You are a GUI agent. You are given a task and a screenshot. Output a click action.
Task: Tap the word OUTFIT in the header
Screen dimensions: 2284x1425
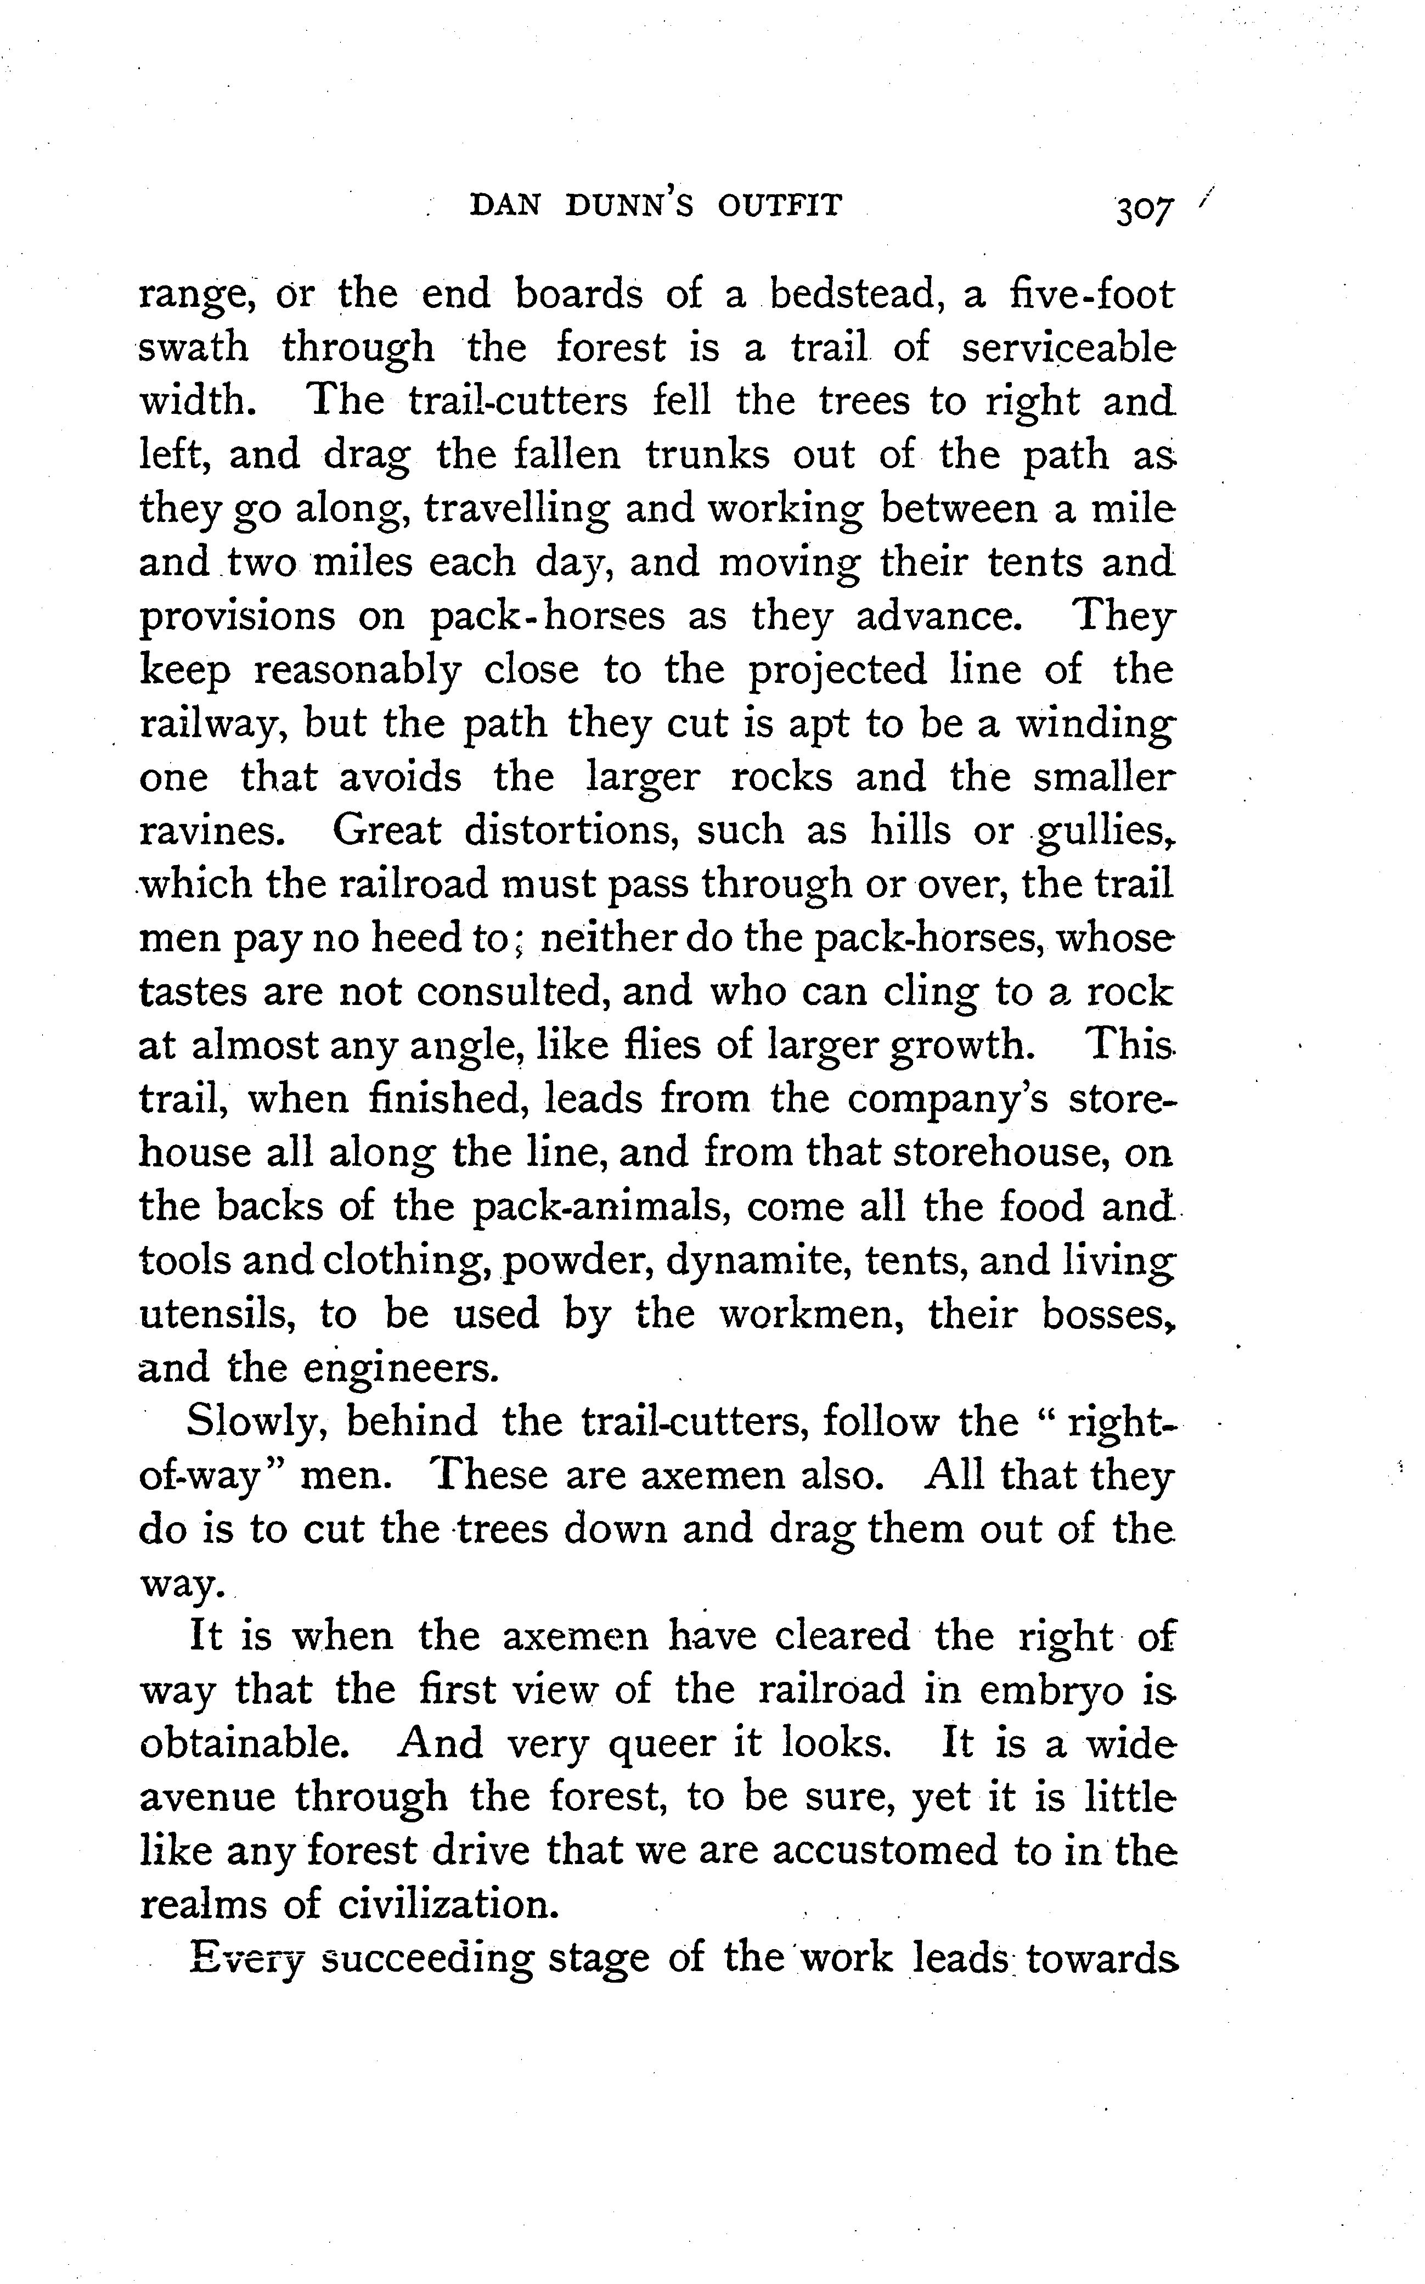point(779,205)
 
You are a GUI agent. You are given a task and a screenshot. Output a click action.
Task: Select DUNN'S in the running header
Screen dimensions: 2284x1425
point(629,205)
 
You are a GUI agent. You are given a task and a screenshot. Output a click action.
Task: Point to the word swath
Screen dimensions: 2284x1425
point(194,348)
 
